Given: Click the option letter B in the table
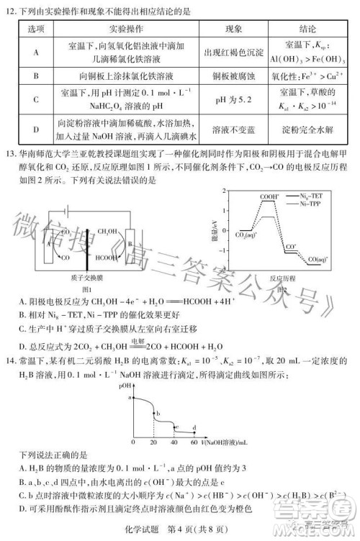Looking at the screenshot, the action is [35, 74].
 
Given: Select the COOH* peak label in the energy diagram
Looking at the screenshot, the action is [250, 195].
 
